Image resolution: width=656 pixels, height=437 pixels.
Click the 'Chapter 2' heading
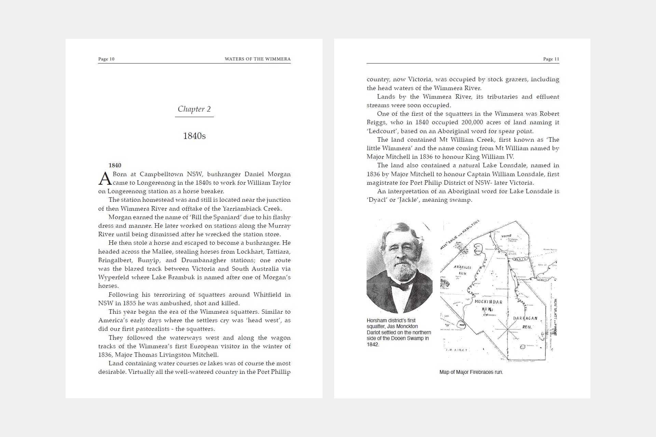pyautogui.click(x=194, y=109)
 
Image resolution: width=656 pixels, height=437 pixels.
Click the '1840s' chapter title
pyautogui.click(x=194, y=136)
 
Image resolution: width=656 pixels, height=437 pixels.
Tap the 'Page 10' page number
pyautogui.click(x=106, y=59)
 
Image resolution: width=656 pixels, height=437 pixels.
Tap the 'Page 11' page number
pyautogui.click(x=551, y=59)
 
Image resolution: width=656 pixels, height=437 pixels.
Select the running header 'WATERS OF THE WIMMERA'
pyautogui.click(x=258, y=59)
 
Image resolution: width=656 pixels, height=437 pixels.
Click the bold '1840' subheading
pyautogui.click(x=115, y=166)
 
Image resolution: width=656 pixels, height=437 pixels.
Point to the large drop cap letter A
pyautogui.click(x=105, y=178)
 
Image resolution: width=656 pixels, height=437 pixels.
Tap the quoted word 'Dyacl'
pyautogui.click(x=377, y=200)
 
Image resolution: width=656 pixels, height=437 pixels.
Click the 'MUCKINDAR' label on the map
pyautogui.click(x=488, y=302)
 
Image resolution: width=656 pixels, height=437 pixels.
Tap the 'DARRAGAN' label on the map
pyautogui.click(x=525, y=318)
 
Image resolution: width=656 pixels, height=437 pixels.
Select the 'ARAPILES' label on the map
pyautogui.click(x=462, y=267)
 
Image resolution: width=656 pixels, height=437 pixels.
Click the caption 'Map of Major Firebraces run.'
pyautogui.click(x=471, y=372)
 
